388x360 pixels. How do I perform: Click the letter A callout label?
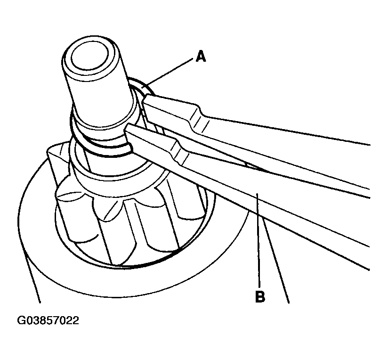[201, 56]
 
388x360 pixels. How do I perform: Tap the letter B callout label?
[260, 295]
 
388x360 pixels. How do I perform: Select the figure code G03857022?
[48, 320]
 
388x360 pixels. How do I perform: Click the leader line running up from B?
[259, 237]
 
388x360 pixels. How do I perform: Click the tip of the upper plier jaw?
[145, 98]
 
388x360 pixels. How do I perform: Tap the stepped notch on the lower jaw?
[178, 152]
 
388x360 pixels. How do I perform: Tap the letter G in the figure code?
[21, 320]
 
